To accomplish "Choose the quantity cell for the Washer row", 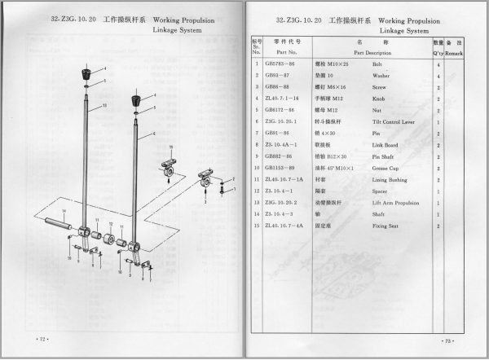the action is [438, 76].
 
